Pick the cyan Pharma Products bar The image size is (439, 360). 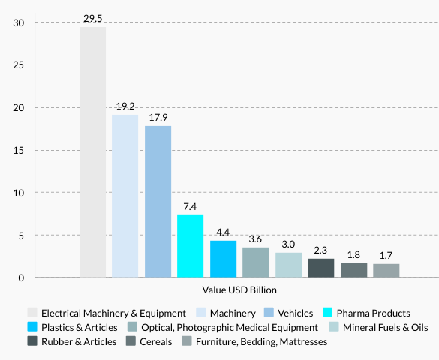(190, 247)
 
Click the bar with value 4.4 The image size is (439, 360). (223, 259)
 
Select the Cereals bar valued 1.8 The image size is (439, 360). (353, 271)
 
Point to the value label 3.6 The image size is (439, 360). (255, 239)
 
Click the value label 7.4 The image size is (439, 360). (190, 206)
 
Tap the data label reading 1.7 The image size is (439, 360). (386, 255)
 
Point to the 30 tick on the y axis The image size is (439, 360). (20, 22)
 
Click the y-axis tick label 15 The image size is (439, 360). (20, 150)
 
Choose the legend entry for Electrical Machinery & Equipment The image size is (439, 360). (113, 313)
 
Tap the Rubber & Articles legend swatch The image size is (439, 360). (32, 341)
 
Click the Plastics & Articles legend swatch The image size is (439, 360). (32, 327)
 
